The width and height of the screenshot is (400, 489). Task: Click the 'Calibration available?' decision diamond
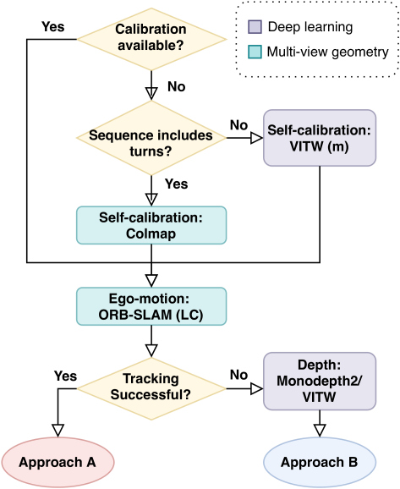[151, 39]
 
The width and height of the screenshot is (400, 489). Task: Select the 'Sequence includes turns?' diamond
[151, 138]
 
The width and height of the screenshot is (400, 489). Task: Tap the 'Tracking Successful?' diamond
[151, 388]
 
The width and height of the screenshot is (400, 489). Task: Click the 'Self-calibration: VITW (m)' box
[320, 138]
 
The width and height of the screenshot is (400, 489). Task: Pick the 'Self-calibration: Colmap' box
[151, 225]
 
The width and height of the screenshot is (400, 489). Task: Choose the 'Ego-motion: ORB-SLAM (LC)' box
[151, 306]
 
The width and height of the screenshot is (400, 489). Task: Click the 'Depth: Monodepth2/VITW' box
[320, 381]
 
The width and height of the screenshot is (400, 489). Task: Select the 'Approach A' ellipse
[58, 462]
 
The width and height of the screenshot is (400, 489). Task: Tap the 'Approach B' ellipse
[320, 462]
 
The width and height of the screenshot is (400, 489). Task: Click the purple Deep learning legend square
[255, 27]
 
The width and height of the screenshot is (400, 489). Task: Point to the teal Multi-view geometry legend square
[255, 52]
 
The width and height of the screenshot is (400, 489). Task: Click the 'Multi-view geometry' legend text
[327, 52]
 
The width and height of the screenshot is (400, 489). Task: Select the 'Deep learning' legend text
[310, 27]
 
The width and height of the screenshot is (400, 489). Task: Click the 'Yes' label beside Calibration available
[53, 27]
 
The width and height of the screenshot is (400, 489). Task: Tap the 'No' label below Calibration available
[177, 86]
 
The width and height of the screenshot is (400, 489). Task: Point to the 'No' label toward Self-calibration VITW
[238, 125]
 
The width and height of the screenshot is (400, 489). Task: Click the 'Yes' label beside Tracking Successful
[65, 376]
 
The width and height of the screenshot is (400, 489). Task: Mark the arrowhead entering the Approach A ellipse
[58, 431]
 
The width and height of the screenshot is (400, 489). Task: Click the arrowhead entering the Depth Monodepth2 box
[257, 388]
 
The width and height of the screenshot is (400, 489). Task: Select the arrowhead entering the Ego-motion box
[151, 281]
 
